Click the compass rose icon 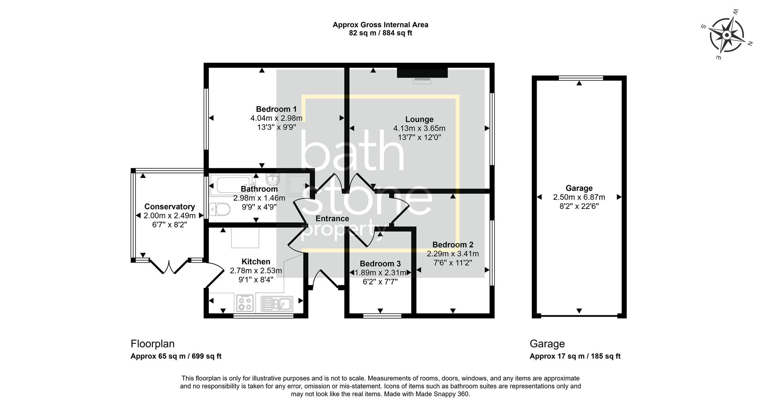point(726,35)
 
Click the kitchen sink point(277,304)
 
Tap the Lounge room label point(419,119)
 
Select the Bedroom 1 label point(276,109)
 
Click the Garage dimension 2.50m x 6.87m point(579,197)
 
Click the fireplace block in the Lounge point(422,73)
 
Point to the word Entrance point(332,218)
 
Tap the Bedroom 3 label point(380,264)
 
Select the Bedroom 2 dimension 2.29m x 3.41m point(453,254)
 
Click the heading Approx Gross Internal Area point(380,25)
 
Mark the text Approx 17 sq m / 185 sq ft point(575,356)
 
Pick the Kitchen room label point(256,262)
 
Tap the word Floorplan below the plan point(153,343)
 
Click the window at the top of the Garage point(581,78)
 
